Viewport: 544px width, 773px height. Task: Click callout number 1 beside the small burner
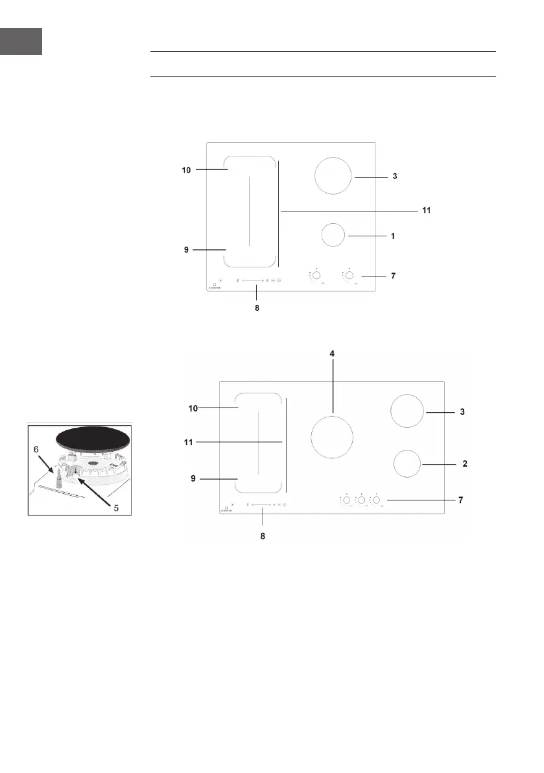pyautogui.click(x=394, y=237)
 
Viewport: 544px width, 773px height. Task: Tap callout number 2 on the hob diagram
pyautogui.click(x=464, y=464)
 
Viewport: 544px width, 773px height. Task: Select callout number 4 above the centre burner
pyautogui.click(x=333, y=354)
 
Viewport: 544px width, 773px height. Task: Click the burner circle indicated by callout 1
pyautogui.click(x=333, y=235)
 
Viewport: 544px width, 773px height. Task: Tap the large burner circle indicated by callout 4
pyautogui.click(x=333, y=436)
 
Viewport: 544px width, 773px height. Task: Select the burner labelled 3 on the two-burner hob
pyautogui.click(x=333, y=175)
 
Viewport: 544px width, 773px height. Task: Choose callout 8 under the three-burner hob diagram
pyautogui.click(x=263, y=537)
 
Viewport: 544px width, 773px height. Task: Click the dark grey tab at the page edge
pyautogui.click(x=21, y=41)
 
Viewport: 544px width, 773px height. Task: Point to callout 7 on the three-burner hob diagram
pyautogui.click(x=461, y=501)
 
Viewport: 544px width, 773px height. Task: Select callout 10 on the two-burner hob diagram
pyautogui.click(x=185, y=169)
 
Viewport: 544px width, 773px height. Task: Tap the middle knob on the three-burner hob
pyautogui.click(x=361, y=500)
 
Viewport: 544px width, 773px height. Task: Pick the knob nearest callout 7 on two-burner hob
pyautogui.click(x=349, y=275)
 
